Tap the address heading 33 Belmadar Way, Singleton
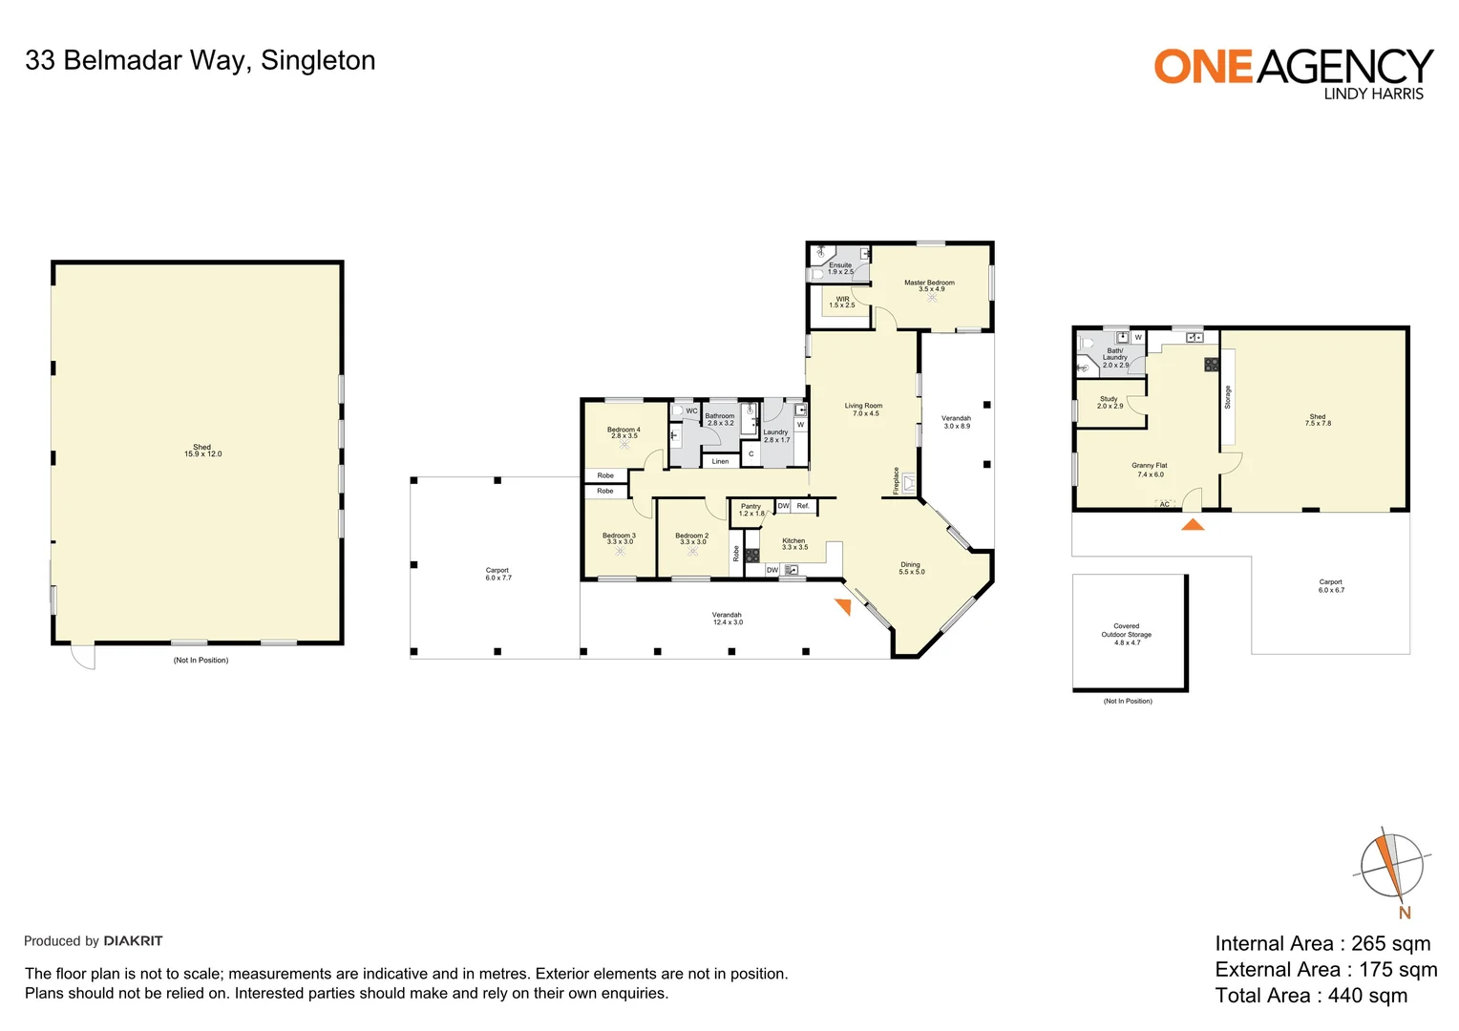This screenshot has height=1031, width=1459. pos(201,60)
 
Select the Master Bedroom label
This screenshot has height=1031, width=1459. pos(929,285)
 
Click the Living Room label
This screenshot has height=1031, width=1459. pos(863,410)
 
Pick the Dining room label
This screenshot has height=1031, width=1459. pos(911,568)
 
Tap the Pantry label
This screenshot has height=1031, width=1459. pos(751,510)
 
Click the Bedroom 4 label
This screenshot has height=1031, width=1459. pos(624,432)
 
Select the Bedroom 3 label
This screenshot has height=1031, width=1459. pos(619,538)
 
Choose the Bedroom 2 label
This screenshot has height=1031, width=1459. pos(692,538)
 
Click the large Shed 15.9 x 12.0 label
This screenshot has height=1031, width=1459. pos(202,451)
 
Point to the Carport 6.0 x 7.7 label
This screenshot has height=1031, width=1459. pos(497,574)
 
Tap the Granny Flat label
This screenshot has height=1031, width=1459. pos(1150,470)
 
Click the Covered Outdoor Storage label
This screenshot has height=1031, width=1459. pos(1127,634)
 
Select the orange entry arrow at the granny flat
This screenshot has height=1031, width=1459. pos(1193,524)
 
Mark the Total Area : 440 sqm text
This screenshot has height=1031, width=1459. pos(1311,996)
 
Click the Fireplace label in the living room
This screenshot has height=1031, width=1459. pos(896,480)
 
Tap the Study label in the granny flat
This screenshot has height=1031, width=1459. pos(1110,402)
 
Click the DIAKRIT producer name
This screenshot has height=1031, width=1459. pos(133,941)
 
